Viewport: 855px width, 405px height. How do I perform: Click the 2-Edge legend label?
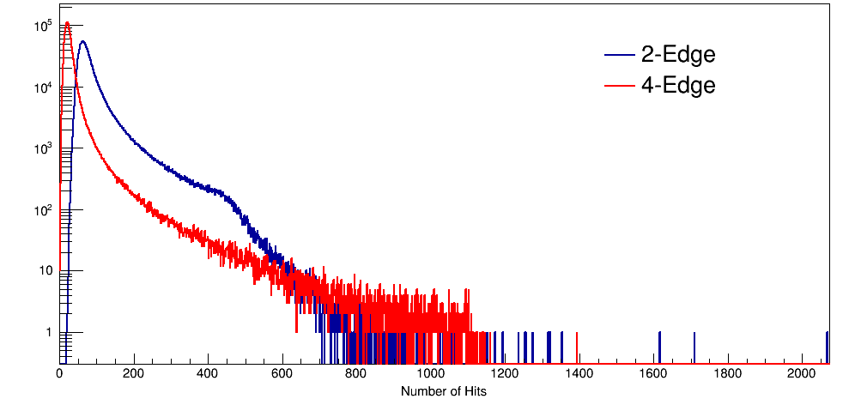pos(678,55)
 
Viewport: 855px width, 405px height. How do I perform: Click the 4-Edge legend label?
pos(678,85)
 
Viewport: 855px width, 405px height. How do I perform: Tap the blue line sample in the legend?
pos(620,55)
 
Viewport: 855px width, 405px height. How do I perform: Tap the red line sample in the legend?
pos(620,85)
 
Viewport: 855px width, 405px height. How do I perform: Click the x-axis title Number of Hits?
pos(444,391)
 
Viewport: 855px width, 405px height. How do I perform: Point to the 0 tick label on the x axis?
pos(59,374)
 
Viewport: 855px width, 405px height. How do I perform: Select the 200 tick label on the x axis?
pos(133,374)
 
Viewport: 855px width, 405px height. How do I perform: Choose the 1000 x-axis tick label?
pos(430,374)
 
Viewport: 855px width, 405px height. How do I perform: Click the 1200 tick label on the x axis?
pos(505,374)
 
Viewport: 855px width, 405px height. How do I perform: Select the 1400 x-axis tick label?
pos(579,374)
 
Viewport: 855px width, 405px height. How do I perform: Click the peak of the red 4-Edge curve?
pos(67,23)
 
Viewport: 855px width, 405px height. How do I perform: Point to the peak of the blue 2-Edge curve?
pos(82,41)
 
